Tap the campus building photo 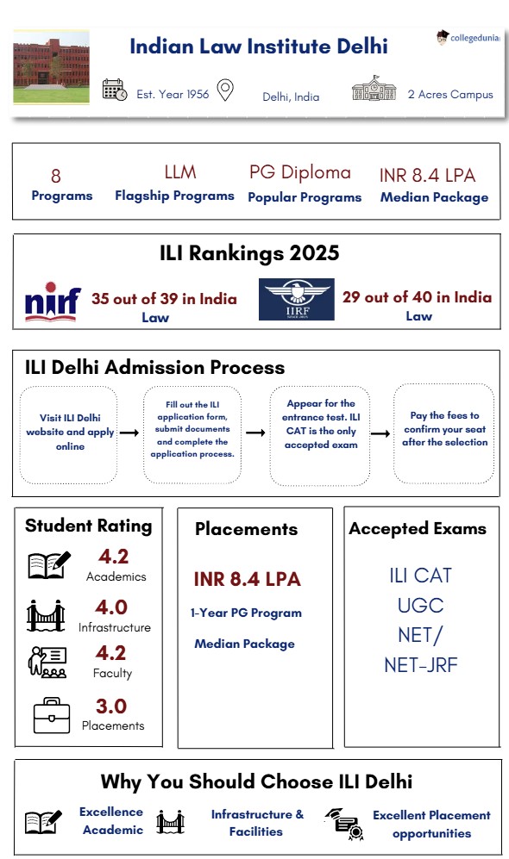[51, 70]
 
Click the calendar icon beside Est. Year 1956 [115, 90]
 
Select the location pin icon [225, 90]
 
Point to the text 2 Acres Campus [450, 94]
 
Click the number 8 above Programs [56, 177]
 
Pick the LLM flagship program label [180, 172]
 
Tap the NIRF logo [53, 302]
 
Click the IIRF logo [296, 300]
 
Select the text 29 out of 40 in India [418, 297]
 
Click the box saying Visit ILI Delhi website [69, 433]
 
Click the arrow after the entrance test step [376, 433]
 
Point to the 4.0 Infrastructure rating [111, 608]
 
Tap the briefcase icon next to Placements [51, 714]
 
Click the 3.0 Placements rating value [111, 706]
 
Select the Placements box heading [246, 529]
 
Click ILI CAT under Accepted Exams [420, 575]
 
